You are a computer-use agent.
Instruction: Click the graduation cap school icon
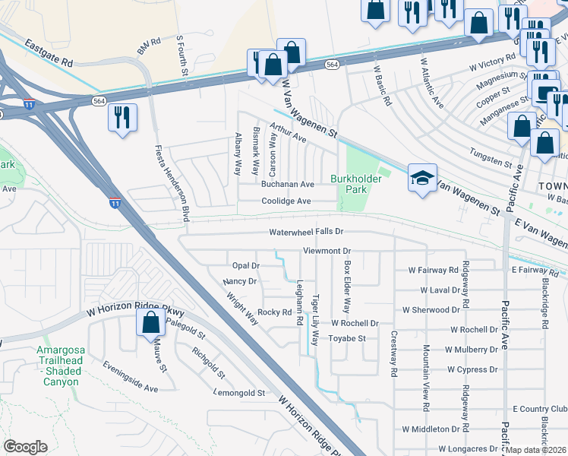click(422, 177)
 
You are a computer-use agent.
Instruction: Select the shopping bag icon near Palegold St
click(150, 322)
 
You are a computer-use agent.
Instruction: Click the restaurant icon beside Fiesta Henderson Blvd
click(122, 118)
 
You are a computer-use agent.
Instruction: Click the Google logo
click(25, 447)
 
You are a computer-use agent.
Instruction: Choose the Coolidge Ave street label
click(286, 201)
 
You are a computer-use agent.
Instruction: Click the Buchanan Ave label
click(287, 185)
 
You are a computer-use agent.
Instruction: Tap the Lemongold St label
click(239, 394)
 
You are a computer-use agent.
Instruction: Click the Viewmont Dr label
click(327, 250)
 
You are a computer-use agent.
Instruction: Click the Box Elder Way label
click(347, 287)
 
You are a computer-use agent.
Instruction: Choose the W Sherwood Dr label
click(431, 310)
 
